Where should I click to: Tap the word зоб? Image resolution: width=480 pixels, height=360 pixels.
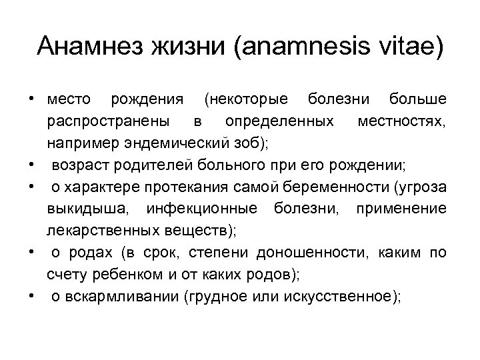coord(235,142)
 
